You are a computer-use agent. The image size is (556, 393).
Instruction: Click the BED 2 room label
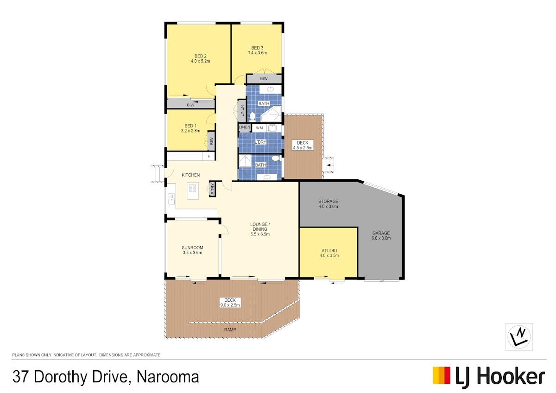pos(200,56)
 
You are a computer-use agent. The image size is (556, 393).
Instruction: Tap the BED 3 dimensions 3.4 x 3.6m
pos(257,53)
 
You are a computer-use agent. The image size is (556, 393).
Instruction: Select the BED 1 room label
pos(190,126)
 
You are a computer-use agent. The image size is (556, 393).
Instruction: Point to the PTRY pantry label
pos(212,189)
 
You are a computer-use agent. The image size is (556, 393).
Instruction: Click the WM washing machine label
pos(259,128)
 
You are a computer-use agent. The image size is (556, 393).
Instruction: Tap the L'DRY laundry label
pos(260,142)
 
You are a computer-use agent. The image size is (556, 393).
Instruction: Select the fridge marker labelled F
pos(209,156)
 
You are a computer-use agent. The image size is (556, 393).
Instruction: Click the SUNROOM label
pos(192,247)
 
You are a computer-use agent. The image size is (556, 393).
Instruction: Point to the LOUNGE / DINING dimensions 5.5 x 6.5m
pos(260,234)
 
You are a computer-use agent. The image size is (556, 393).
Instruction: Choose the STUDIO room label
pos(329,251)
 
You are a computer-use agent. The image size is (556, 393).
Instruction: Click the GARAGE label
pos(381,233)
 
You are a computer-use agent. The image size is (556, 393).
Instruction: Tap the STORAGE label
pos(328,201)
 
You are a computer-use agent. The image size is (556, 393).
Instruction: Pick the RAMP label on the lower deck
pos(230,330)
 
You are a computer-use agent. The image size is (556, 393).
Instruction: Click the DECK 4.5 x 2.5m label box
pos(303,145)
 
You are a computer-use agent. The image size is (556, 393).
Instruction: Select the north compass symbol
pos(519,336)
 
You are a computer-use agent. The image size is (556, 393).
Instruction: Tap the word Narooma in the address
pos(168,377)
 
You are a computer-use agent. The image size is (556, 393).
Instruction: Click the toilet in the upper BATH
pos(252,116)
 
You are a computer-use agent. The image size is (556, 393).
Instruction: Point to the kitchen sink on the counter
pos(171,199)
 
